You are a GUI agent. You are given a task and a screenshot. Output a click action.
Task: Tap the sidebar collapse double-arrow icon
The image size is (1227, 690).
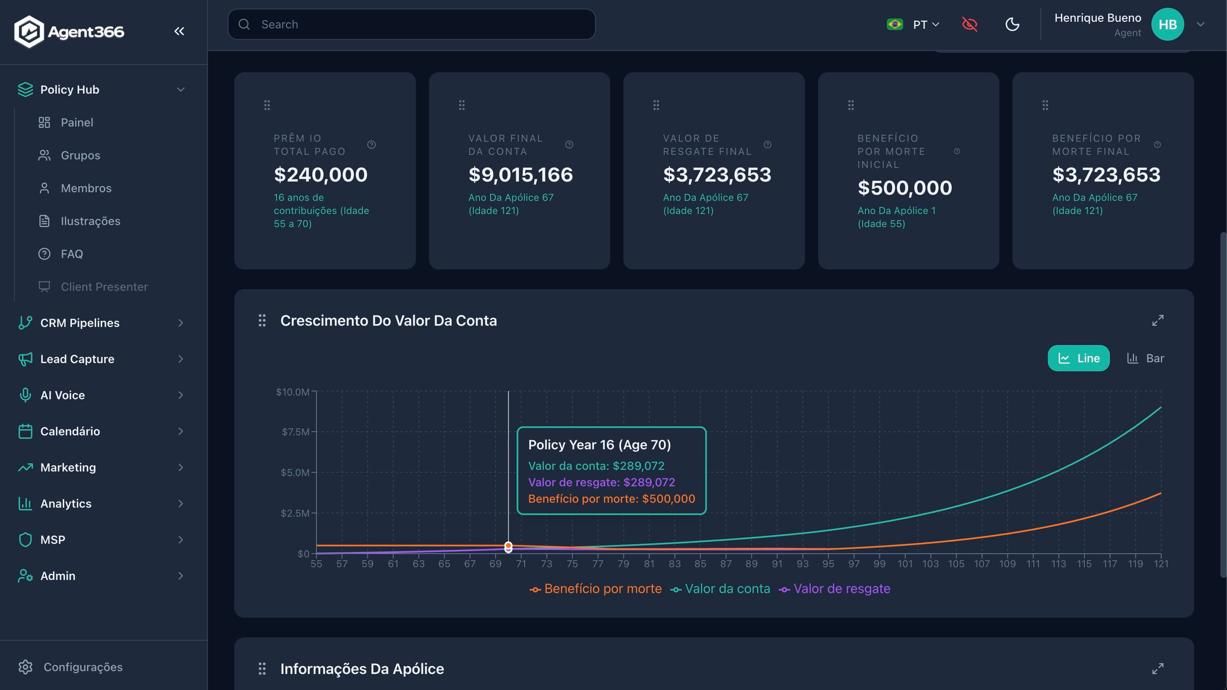pos(179,32)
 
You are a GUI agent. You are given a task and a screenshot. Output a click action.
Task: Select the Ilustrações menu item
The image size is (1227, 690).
pos(90,221)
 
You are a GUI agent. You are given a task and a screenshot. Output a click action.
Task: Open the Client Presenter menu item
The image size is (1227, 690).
pos(104,287)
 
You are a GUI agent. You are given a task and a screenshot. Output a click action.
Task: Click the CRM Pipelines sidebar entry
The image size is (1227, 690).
pos(80,323)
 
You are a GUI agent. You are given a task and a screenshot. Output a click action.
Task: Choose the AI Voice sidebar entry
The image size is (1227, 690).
pos(62,395)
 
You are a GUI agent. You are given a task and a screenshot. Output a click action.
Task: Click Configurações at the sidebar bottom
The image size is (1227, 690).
pos(83,667)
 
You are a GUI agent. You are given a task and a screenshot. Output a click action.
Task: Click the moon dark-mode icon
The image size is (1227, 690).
pos(1012,24)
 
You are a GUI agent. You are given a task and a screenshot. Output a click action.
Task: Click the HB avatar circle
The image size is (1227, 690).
pos(1167,24)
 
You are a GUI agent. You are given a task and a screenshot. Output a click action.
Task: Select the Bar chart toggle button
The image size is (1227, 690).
pos(1145,358)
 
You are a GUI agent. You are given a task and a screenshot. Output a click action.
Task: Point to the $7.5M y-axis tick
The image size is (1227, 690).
pos(295,432)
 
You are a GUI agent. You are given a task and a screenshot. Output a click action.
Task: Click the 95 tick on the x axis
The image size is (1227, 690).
pos(828,564)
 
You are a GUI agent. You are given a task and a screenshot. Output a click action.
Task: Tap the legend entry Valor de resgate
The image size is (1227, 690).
pos(841,589)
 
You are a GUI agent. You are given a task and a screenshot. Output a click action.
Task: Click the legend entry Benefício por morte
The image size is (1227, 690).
pos(602,589)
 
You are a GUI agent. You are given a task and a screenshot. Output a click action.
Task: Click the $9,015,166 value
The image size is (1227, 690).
pos(520,175)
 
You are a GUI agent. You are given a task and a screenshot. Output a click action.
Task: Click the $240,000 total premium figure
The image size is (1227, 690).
pos(321,175)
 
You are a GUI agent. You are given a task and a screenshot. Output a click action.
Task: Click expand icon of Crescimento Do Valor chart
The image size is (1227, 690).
pos(1158,320)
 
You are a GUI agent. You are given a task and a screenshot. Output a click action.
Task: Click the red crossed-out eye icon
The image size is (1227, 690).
pos(969,24)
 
